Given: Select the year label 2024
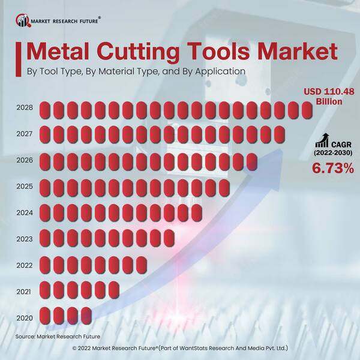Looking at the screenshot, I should click(x=24, y=213).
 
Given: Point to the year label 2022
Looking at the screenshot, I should click(x=24, y=265).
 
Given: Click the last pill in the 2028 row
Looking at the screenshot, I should click(x=307, y=110).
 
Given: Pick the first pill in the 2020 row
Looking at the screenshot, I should click(x=44, y=316).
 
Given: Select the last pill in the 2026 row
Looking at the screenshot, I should click(x=252, y=161).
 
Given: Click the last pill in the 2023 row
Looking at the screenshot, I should click(x=169, y=238).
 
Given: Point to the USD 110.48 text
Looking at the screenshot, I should click(x=328, y=91).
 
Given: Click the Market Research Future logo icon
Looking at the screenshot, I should click(x=23, y=21).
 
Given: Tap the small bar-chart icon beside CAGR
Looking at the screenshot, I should click(x=322, y=141).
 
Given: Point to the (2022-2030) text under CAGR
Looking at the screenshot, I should click(x=332, y=154).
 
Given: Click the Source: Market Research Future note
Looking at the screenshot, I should click(x=58, y=337).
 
